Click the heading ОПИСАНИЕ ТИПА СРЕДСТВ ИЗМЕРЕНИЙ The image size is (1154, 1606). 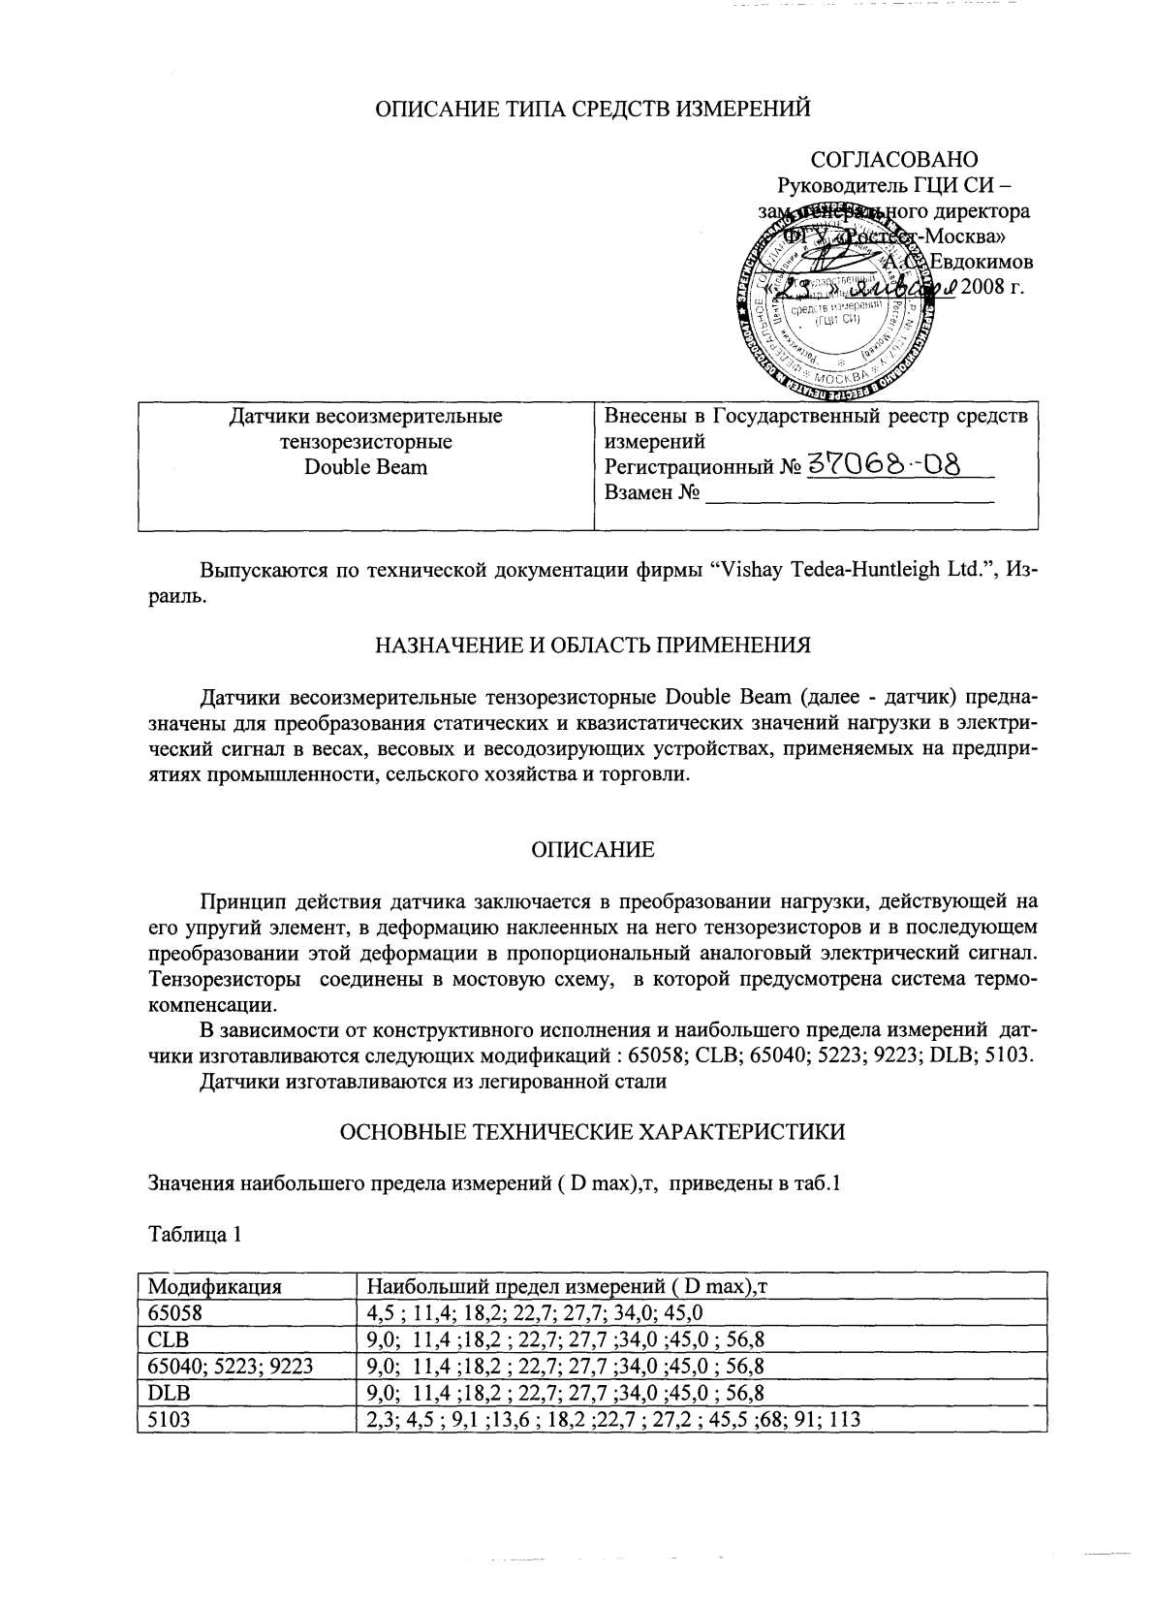tap(592, 110)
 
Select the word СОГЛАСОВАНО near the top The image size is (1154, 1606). tap(893, 159)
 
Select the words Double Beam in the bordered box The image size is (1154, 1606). tap(365, 467)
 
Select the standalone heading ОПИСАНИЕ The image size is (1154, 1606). tap(592, 850)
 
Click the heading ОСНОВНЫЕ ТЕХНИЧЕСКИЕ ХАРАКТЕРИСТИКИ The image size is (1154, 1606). tap(592, 1131)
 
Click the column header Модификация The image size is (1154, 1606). tap(214, 1287)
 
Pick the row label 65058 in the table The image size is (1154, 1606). tap(172, 1313)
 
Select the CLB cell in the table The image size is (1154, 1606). tap(168, 1339)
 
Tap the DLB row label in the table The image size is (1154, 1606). tap(169, 1393)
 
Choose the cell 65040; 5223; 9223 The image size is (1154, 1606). tap(231, 1367)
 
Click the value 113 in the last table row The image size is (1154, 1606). tap(845, 1419)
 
